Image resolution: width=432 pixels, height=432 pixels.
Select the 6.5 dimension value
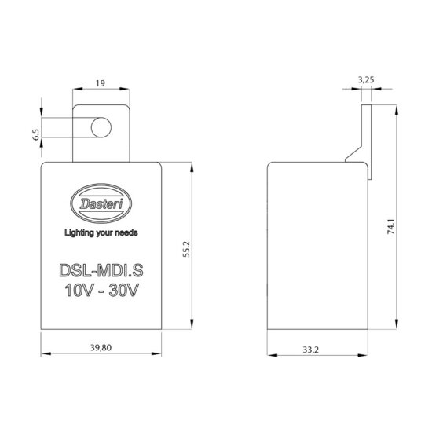(x=35, y=134)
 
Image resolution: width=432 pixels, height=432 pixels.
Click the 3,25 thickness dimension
(x=365, y=80)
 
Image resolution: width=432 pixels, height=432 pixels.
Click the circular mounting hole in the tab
(x=98, y=127)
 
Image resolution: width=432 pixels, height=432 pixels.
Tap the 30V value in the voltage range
(x=126, y=291)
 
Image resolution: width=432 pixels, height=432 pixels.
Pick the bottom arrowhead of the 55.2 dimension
(x=191, y=328)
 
